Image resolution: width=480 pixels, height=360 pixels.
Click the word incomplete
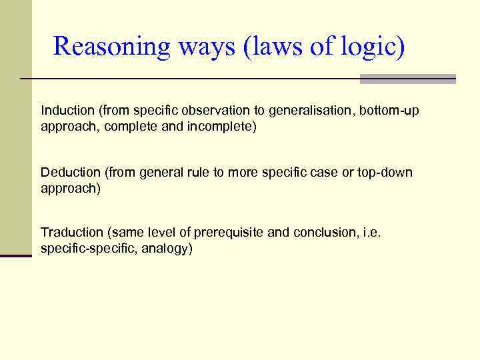point(221,126)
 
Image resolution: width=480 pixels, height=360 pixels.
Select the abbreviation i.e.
point(370,232)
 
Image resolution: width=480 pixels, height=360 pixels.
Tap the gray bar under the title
point(407,79)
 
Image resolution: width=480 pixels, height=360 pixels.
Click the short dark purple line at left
point(16,255)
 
